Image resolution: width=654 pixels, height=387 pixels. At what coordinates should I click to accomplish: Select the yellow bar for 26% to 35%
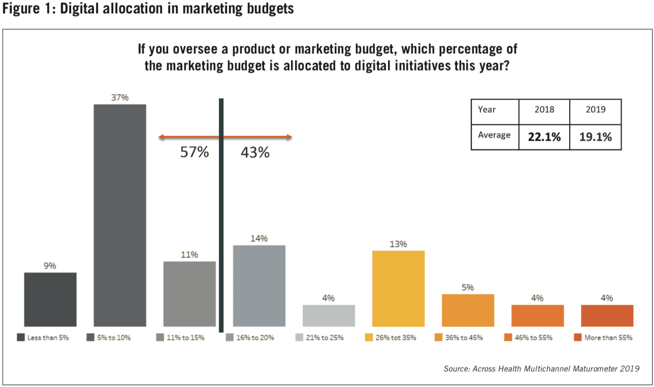click(x=398, y=288)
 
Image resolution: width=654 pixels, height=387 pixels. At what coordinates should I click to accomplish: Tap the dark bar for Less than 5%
click(x=50, y=299)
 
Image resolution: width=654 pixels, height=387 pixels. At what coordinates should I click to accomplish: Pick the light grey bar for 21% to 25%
click(x=329, y=315)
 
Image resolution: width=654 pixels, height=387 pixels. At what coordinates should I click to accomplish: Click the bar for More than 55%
click(x=607, y=315)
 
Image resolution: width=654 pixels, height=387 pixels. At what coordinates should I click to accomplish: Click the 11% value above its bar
click(x=189, y=255)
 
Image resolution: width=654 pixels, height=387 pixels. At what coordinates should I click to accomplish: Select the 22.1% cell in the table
click(x=544, y=137)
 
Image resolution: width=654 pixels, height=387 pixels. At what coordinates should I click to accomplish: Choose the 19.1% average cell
click(x=596, y=137)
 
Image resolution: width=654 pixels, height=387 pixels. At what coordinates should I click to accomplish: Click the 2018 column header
click(x=544, y=110)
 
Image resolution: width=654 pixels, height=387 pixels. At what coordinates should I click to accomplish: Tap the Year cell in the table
click(x=487, y=110)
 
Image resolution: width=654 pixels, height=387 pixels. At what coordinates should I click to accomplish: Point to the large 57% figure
click(x=194, y=152)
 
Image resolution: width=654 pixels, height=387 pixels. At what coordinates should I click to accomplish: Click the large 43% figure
click(x=255, y=152)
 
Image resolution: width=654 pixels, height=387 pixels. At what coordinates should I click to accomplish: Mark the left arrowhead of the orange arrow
click(x=161, y=137)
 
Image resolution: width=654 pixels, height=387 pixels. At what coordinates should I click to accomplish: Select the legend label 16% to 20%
click(x=255, y=338)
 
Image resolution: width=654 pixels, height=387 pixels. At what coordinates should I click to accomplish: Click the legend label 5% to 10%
click(x=114, y=338)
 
